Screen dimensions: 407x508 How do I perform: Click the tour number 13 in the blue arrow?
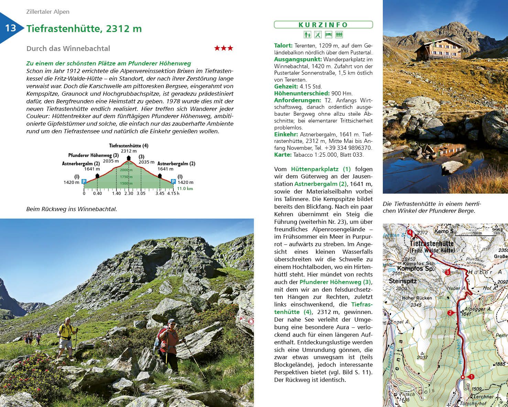[x=10, y=28]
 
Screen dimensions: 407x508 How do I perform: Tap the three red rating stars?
[x=224, y=48]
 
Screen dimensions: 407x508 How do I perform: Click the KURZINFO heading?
[x=323, y=25]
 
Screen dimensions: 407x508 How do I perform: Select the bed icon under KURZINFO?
[x=328, y=35]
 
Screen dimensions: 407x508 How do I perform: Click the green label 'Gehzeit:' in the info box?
[x=286, y=86]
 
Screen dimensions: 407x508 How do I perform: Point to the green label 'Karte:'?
[x=283, y=155]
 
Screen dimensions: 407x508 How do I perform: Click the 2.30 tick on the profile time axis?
[x=129, y=193]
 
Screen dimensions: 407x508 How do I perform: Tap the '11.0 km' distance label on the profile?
[x=185, y=189]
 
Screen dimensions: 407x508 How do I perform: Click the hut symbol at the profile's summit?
[x=129, y=158]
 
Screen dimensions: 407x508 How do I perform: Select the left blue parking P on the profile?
[x=84, y=181]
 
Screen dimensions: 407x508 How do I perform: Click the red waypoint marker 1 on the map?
[x=472, y=377]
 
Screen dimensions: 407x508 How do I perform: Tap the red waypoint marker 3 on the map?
[x=447, y=272]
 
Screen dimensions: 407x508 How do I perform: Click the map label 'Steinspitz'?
[x=402, y=281]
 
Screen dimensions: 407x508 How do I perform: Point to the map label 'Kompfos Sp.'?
[x=410, y=269]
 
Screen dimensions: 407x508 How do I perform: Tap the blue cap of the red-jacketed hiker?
[x=172, y=321]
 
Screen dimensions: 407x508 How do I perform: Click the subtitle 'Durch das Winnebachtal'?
[x=68, y=49]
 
